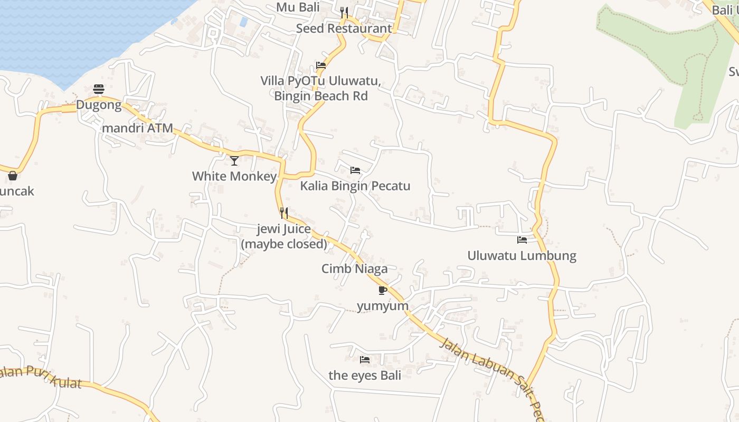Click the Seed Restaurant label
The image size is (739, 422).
[x=344, y=28]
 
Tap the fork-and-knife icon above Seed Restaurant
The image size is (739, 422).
[x=344, y=13]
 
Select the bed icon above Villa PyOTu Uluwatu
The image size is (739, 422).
[x=321, y=65]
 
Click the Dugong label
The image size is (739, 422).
[x=99, y=105]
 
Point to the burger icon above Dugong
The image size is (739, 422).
[x=99, y=89]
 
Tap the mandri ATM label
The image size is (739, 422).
[x=138, y=128]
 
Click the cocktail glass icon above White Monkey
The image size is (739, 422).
[x=234, y=160]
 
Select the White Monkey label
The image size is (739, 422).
[x=234, y=176]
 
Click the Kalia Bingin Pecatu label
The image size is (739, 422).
[x=355, y=186]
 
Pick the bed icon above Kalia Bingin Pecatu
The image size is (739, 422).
[x=355, y=170]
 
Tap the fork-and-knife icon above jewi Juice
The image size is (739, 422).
[x=284, y=213]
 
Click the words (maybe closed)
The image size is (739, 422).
[x=284, y=244]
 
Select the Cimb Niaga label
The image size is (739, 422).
[x=355, y=268]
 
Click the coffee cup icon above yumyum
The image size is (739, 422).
[x=383, y=290]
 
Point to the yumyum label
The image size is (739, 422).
[x=383, y=306]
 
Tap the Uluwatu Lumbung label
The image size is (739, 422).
[x=522, y=256]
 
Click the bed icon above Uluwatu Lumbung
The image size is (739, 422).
[x=522, y=240]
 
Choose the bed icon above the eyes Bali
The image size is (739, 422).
[x=365, y=360]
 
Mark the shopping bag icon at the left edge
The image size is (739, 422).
[x=13, y=176]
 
